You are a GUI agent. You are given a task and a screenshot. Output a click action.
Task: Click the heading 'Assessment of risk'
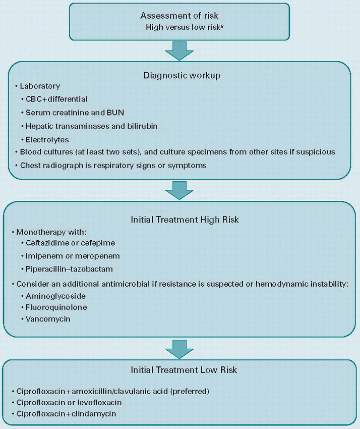(x=180, y=16)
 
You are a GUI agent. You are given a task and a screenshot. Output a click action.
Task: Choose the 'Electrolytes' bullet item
(x=48, y=139)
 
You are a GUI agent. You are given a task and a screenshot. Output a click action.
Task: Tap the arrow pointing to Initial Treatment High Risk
(x=180, y=190)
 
